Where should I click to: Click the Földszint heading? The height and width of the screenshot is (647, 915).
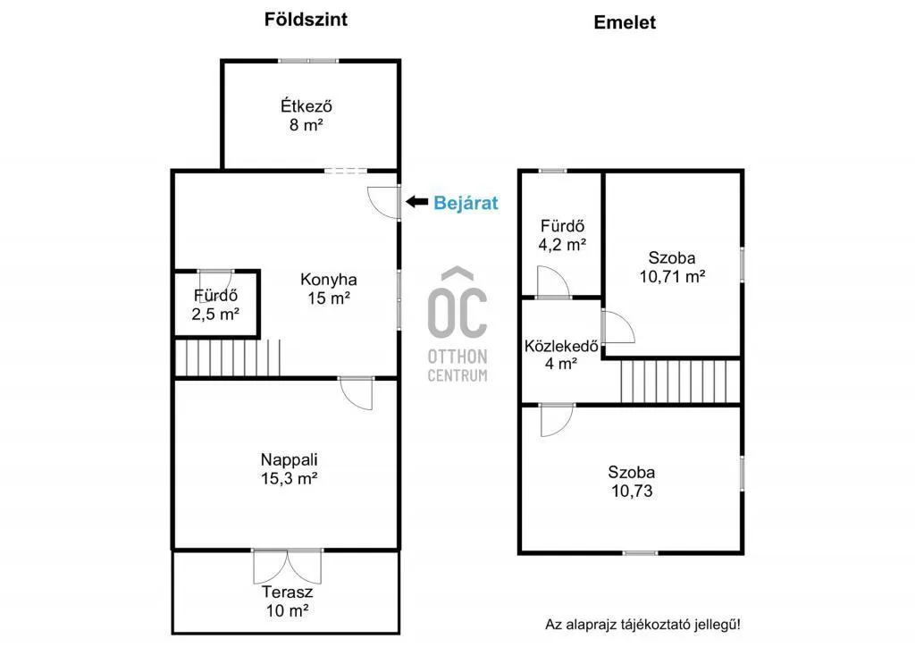(x=306, y=19)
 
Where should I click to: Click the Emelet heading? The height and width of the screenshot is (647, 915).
(x=625, y=23)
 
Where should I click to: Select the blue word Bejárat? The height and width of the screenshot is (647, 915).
(x=466, y=203)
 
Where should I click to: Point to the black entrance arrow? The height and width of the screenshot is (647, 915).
(x=416, y=203)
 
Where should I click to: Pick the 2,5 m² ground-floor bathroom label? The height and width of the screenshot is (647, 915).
(x=215, y=305)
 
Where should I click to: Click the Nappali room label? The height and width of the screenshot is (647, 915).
(x=289, y=468)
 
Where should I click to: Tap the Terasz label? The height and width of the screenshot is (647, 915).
(x=287, y=601)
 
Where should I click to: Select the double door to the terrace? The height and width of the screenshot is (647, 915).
(x=287, y=566)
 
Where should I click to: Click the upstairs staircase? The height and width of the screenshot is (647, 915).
(x=681, y=380)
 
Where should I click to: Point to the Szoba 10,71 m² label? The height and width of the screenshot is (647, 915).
(x=672, y=266)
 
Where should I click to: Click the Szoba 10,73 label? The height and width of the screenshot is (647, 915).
(x=632, y=482)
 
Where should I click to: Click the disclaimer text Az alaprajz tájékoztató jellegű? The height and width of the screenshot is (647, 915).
(x=642, y=624)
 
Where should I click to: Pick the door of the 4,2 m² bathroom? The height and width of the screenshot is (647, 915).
(x=552, y=283)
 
